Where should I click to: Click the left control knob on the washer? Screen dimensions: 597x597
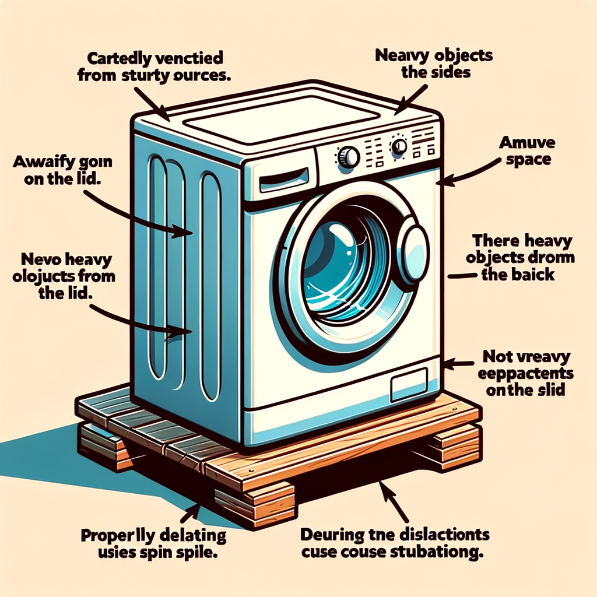(x=349, y=156)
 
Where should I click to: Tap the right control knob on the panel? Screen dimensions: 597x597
(x=399, y=145)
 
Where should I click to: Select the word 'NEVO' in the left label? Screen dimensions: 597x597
(x=38, y=258)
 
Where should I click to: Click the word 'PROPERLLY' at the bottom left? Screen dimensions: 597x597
(x=116, y=536)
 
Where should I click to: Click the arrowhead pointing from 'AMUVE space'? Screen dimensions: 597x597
(x=442, y=182)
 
